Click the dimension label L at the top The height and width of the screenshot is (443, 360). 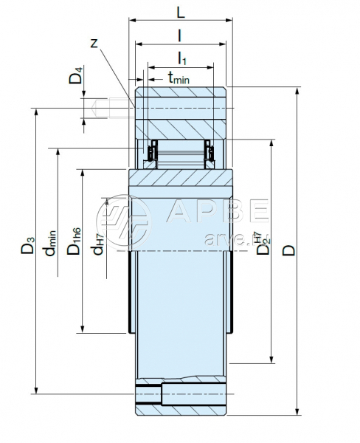pyautogui.click(x=181, y=13)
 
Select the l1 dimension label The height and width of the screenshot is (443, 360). pyautogui.click(x=181, y=58)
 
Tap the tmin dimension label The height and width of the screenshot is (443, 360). pyautogui.click(x=179, y=78)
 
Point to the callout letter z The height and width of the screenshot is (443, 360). pyautogui.click(x=94, y=44)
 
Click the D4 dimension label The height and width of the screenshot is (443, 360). pyautogui.click(x=76, y=75)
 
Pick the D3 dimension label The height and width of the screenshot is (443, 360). pyautogui.click(x=28, y=245)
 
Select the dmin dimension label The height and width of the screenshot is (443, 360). pyautogui.click(x=50, y=243)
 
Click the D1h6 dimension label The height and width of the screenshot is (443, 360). pyautogui.click(x=74, y=241)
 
